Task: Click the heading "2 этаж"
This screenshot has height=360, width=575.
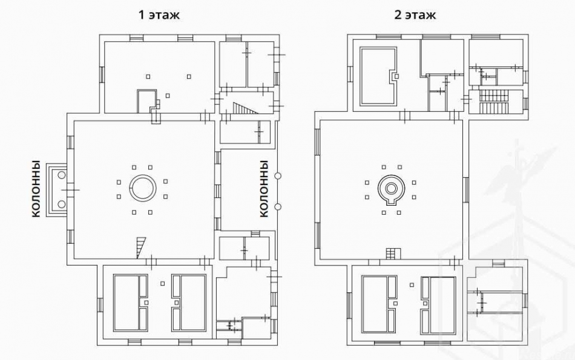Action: coord(415,15)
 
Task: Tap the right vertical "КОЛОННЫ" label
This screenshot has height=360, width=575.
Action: coord(264,188)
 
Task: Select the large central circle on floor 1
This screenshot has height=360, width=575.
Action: coord(142,188)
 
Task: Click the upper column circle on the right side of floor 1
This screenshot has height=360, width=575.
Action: coord(278,175)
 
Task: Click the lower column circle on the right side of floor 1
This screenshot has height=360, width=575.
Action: coord(278,206)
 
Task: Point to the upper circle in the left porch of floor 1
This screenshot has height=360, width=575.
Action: coord(61,175)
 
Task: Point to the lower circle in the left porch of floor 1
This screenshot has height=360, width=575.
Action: coord(61,204)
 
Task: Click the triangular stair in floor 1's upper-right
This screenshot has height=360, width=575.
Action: coord(246,108)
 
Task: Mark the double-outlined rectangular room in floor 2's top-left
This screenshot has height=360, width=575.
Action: coord(379,76)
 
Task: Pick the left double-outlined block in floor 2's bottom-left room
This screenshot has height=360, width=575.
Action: coord(379,303)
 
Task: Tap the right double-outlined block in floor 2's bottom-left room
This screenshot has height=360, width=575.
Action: coord(438,304)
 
